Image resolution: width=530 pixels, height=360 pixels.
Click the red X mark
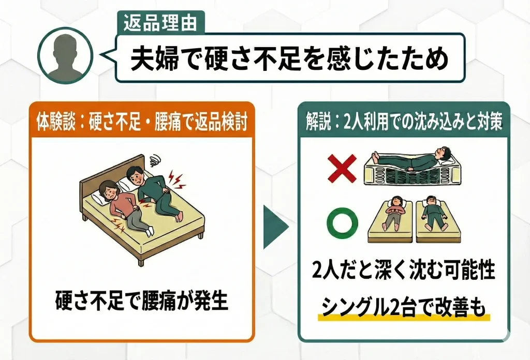(341, 170)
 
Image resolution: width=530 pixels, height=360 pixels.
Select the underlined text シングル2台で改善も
(404, 307)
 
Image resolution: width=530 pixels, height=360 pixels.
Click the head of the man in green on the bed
(135, 177)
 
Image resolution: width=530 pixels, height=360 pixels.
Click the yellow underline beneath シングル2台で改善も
(404, 318)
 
